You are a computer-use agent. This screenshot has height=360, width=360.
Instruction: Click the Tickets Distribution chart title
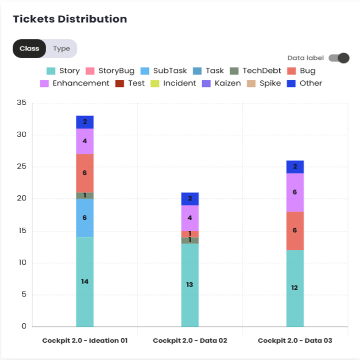(70, 19)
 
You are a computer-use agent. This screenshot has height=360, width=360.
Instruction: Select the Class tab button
(29, 49)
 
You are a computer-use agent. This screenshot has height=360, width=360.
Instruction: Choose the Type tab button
(61, 49)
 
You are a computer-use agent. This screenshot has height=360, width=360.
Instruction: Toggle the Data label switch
(339, 58)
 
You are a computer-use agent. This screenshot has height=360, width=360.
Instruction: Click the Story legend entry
(63, 71)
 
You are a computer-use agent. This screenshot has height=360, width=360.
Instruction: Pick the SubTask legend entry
(165, 71)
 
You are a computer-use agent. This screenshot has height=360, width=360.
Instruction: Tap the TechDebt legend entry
(256, 71)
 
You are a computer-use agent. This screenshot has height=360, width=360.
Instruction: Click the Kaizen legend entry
(221, 83)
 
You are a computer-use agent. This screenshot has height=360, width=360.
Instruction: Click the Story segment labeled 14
(85, 282)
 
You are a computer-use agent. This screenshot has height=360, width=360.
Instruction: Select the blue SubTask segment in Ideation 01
(85, 218)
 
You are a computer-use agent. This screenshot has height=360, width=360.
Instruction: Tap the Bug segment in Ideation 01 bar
(85, 173)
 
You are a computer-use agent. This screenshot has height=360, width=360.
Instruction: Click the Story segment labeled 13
(190, 285)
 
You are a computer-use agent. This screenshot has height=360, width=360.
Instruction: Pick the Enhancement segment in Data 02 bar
(190, 218)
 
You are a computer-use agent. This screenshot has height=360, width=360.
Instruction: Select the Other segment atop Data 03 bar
(295, 167)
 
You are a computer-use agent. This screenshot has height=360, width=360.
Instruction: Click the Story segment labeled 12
(295, 288)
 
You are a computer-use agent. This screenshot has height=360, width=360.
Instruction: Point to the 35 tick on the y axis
(21, 103)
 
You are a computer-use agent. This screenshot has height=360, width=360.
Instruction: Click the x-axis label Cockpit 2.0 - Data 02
(190, 341)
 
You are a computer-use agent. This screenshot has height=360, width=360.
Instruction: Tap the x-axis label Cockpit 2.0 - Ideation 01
(85, 341)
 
